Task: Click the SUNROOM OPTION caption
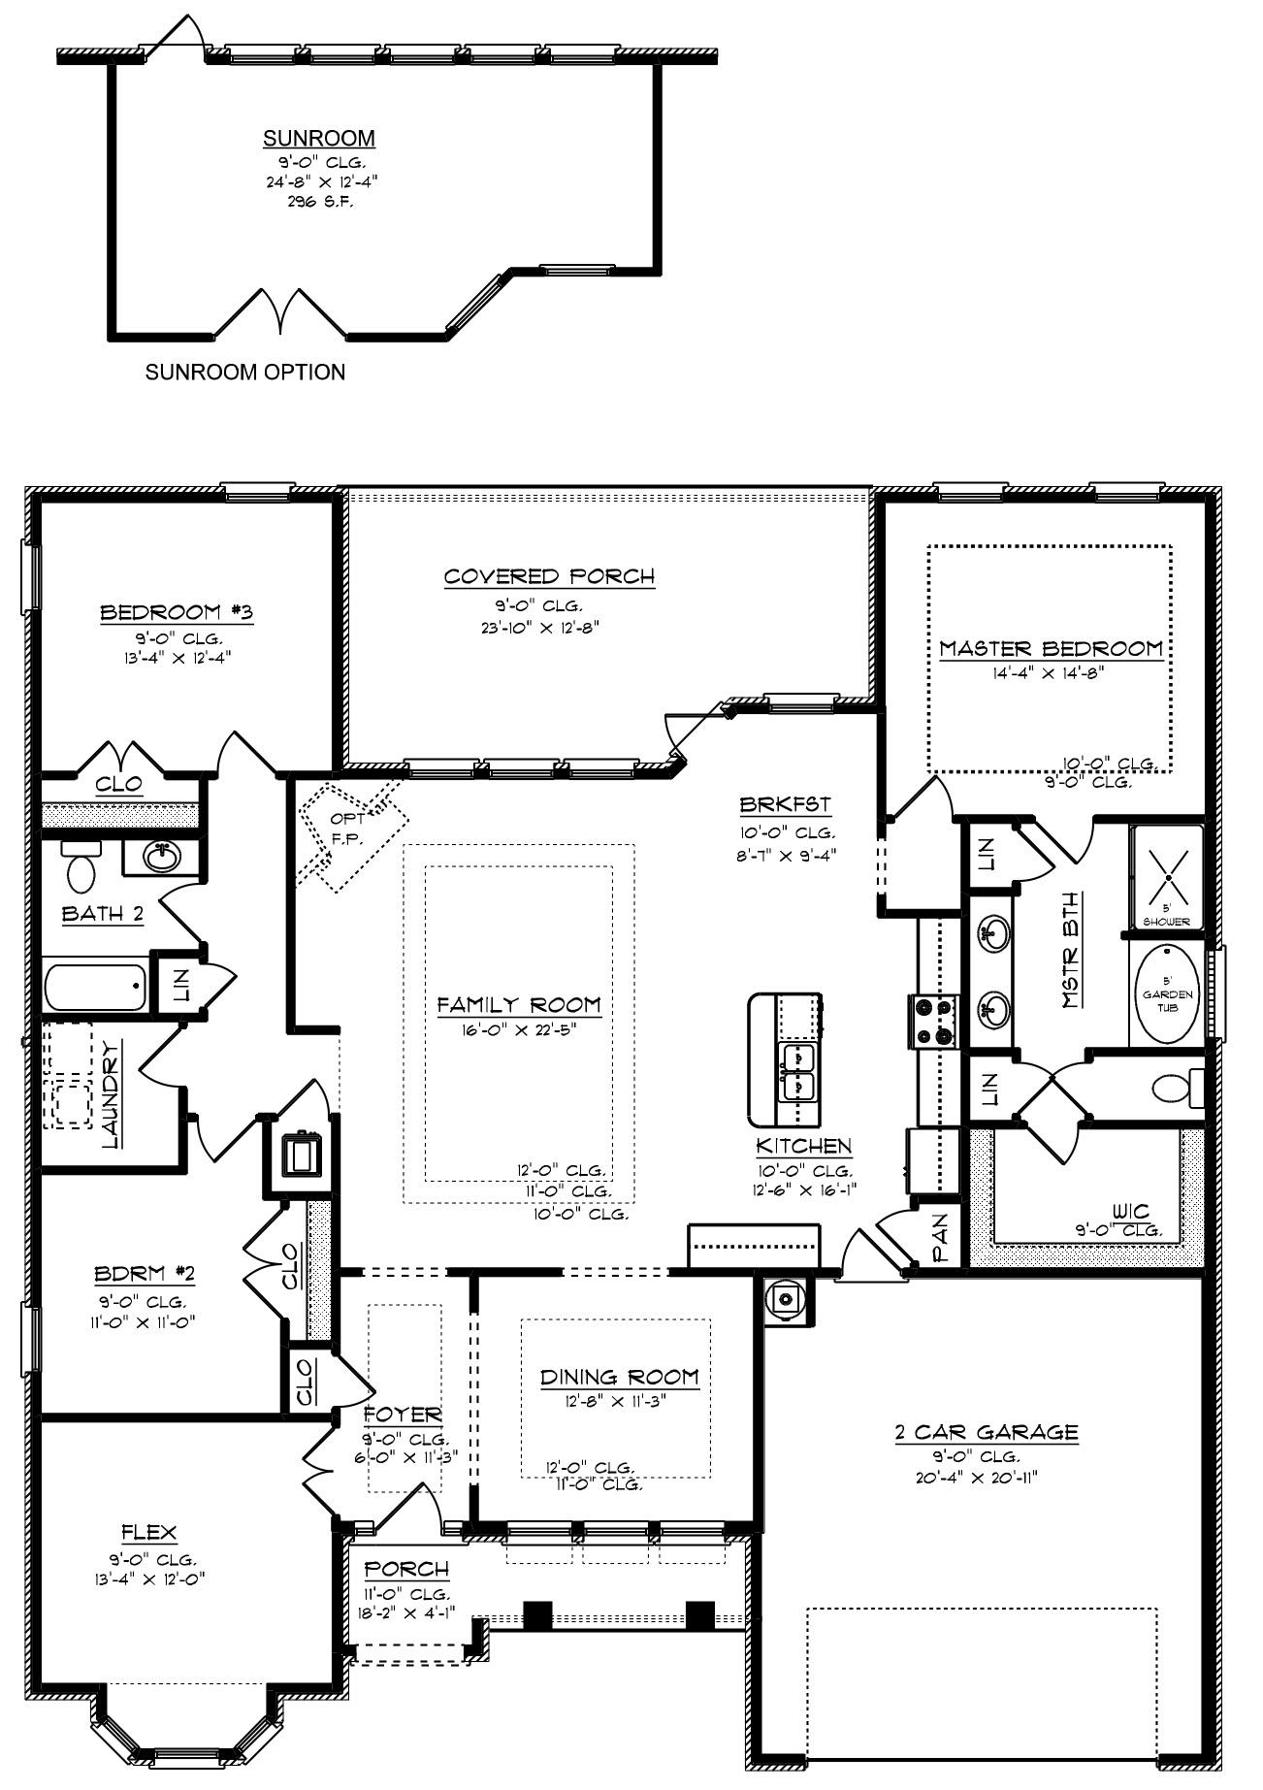[x=244, y=373]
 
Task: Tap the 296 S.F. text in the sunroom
[x=319, y=202]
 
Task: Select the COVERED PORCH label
[x=549, y=576]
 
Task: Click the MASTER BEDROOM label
[x=1051, y=649]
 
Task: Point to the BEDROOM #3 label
[x=177, y=613]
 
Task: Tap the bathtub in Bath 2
[x=94, y=986]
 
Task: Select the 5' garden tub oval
[x=1167, y=994]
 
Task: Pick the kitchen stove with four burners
[x=933, y=1022]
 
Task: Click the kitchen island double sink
[x=799, y=1071]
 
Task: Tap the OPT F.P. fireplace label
[x=347, y=829]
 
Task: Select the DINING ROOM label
[x=619, y=1377]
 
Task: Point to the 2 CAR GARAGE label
[x=986, y=1432]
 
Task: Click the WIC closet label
[x=1132, y=1211]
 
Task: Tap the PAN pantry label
[x=939, y=1239]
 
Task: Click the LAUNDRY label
[x=111, y=1093]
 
